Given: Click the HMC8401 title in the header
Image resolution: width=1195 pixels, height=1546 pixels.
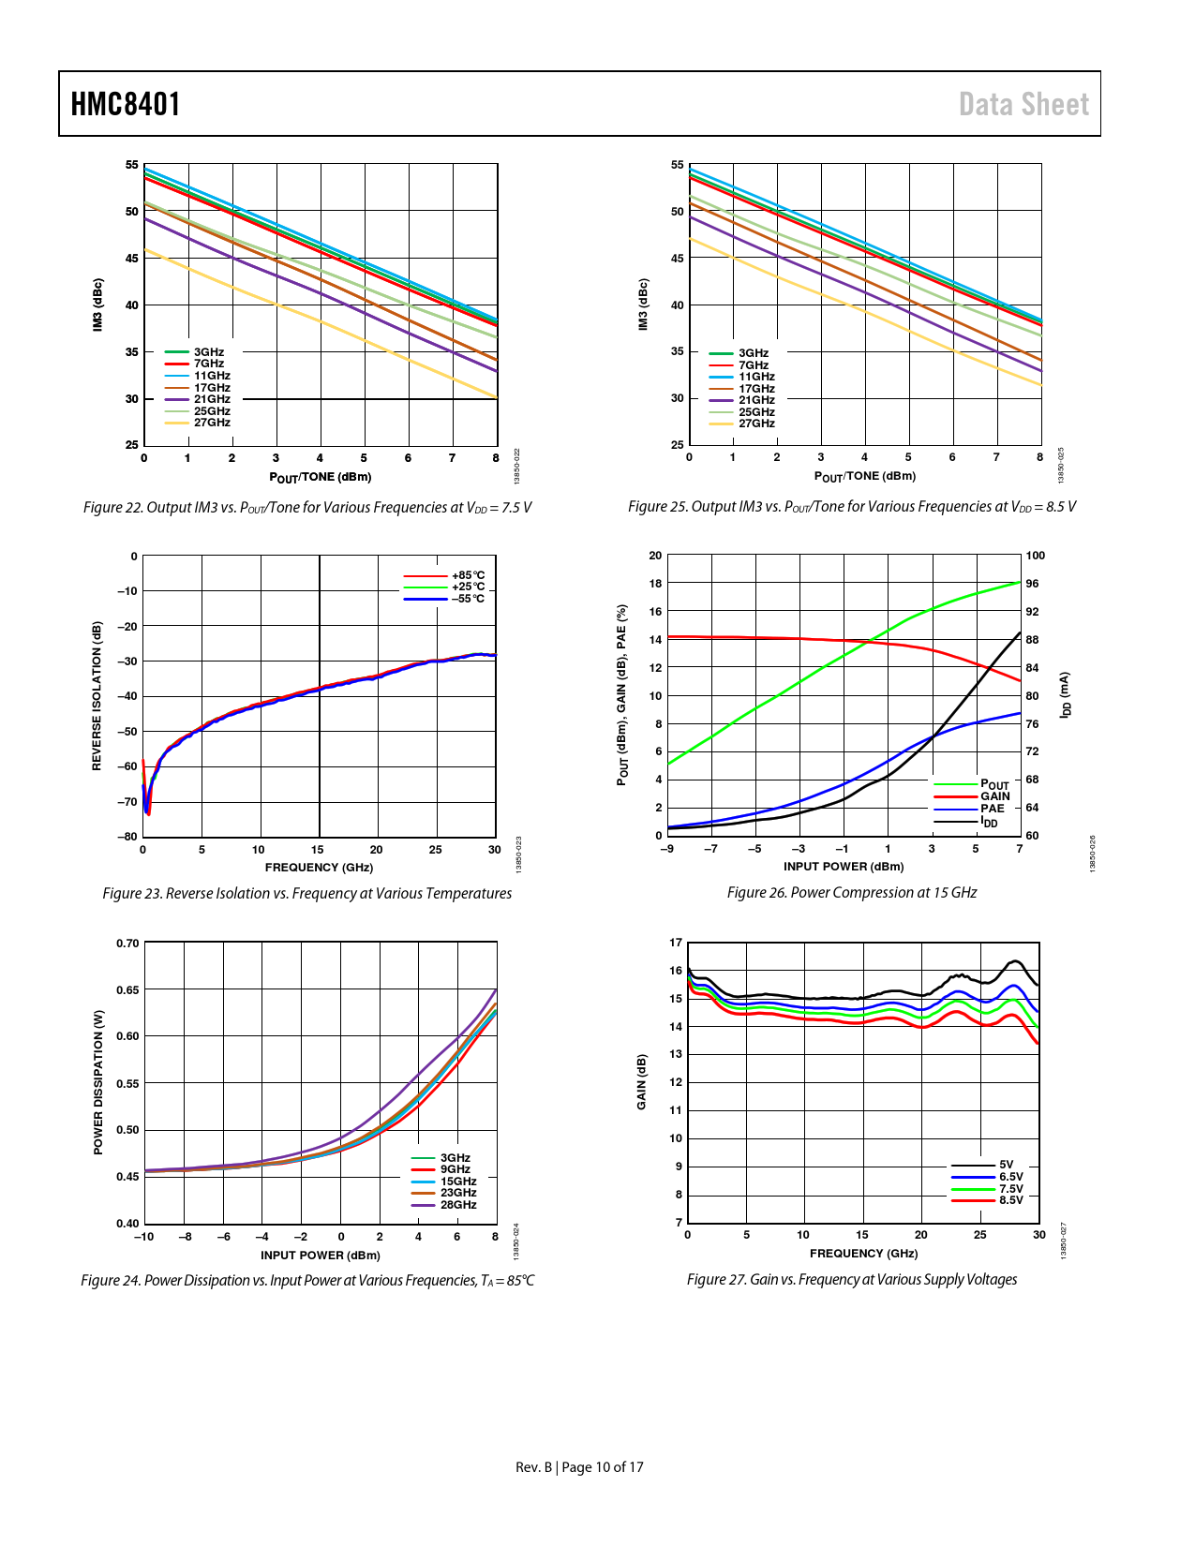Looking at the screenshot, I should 126,104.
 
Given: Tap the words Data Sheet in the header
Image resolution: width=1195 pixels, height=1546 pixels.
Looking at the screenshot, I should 1023,104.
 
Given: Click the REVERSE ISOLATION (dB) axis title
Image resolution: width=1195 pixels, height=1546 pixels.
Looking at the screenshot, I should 97,696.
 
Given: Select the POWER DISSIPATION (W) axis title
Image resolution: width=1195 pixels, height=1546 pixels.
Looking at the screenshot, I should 98,1082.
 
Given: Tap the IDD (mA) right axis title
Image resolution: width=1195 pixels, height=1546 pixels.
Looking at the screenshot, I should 1065,695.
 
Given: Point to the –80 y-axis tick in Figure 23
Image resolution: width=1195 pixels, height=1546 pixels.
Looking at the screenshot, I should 127,837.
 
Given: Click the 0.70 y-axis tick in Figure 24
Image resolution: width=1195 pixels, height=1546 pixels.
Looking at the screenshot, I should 127,944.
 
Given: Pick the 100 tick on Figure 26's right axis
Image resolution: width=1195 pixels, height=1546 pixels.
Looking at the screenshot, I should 1035,556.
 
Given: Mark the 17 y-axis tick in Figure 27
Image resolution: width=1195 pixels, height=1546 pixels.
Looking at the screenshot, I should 676,943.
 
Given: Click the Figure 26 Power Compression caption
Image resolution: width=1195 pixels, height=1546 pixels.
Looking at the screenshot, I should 851,893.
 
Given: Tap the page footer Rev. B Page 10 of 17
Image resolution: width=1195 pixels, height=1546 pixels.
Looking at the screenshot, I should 579,1467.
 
